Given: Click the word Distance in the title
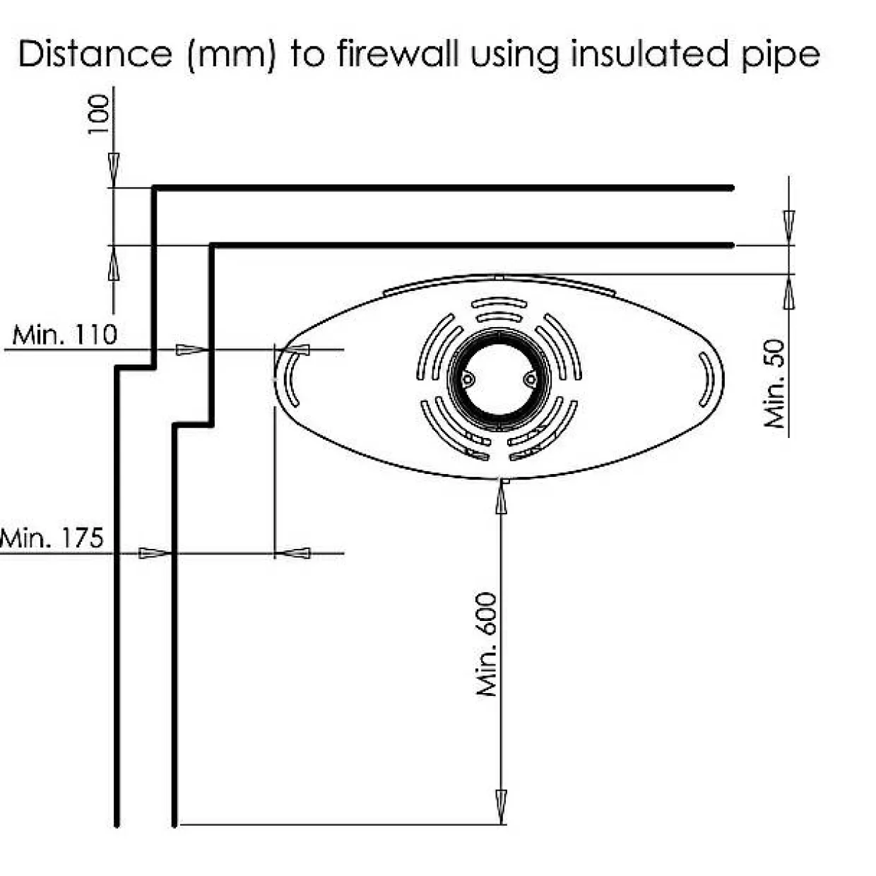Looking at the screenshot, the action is [x=95, y=54].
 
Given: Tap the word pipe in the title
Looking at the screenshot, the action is [x=781, y=57].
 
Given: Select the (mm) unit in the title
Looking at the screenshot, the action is [x=232, y=56].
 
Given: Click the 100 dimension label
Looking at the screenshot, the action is [x=99, y=114].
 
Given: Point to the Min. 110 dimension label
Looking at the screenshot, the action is [x=64, y=335].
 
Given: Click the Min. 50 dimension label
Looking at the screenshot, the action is [x=774, y=384].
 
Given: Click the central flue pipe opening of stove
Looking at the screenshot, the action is [x=499, y=379].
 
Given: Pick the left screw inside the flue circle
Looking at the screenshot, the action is [x=468, y=379].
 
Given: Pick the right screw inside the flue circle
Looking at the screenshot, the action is [x=530, y=378].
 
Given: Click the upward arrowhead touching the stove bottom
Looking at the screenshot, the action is [x=501, y=497].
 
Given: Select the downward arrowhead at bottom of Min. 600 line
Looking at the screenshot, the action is [x=501, y=807].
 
